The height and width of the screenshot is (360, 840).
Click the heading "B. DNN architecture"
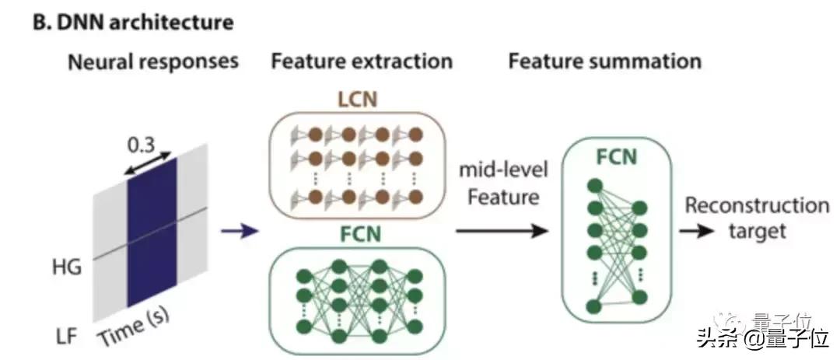tap(133, 22)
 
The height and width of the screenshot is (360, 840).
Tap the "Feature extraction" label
tap(361, 61)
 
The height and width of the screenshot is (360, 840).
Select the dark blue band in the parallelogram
tap(152, 233)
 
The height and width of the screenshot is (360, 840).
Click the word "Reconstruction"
tap(756, 206)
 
